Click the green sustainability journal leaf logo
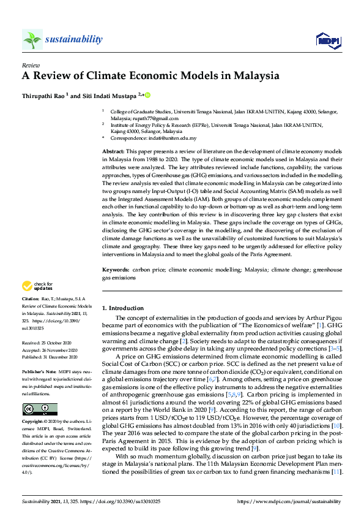click(x=32, y=40)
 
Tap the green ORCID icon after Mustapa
click(x=147, y=95)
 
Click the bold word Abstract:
click(x=113, y=151)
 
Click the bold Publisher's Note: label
click(x=40, y=372)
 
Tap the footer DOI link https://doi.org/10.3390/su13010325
click(x=128, y=501)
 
